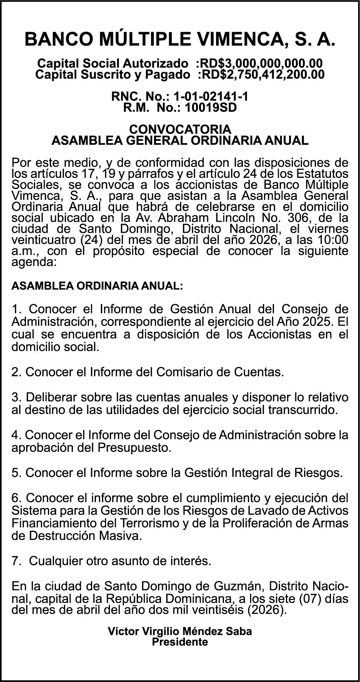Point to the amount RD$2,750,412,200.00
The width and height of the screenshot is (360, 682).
click(x=261, y=74)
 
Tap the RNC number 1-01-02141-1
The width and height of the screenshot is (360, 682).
click(x=210, y=97)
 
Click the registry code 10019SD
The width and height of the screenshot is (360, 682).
click(x=210, y=108)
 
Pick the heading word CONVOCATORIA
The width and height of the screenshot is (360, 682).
click(x=180, y=129)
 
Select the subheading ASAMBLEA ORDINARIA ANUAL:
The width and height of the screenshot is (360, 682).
click(x=97, y=286)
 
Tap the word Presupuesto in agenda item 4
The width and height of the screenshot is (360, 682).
click(x=134, y=448)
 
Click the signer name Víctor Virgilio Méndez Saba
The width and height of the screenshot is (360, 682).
click(x=180, y=631)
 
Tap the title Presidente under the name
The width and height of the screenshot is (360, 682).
click(x=180, y=642)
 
